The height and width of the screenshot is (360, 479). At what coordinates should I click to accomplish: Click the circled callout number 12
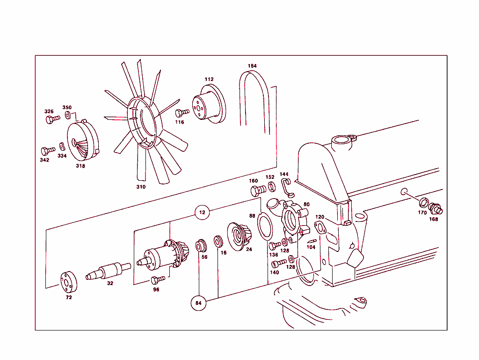pos(202,212)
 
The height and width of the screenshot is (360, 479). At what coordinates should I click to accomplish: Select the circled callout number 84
pos(198,303)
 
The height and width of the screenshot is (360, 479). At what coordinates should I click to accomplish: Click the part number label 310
pos(141,187)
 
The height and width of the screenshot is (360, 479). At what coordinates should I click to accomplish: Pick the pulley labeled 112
pos(208,105)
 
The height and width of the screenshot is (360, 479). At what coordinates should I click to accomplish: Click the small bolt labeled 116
pos(182,113)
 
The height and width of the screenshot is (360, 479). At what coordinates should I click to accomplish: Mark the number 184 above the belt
pos(252,66)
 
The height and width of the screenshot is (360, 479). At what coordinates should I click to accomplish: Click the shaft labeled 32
pos(108,270)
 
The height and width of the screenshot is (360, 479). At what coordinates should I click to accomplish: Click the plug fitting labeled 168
pos(435,209)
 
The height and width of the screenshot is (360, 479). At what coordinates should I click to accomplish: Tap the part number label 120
pos(319,217)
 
